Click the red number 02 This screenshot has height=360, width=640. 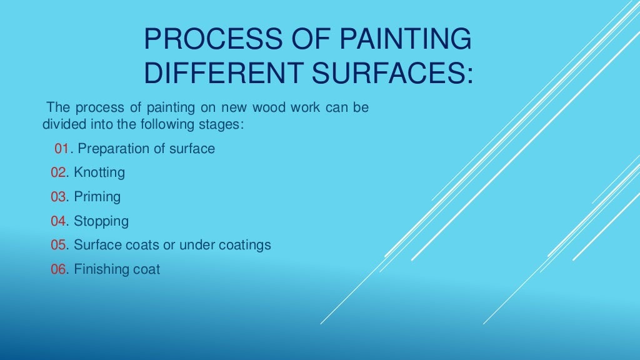click(x=58, y=172)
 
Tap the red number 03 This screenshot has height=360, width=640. click(x=58, y=197)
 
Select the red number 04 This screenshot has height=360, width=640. click(x=58, y=221)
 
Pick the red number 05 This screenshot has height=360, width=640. click(x=58, y=245)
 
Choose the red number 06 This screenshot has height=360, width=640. click(x=58, y=269)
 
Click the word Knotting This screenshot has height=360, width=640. click(x=99, y=172)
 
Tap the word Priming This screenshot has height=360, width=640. click(x=97, y=197)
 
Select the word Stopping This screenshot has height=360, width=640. click(x=101, y=221)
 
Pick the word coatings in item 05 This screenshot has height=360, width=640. click(x=245, y=245)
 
